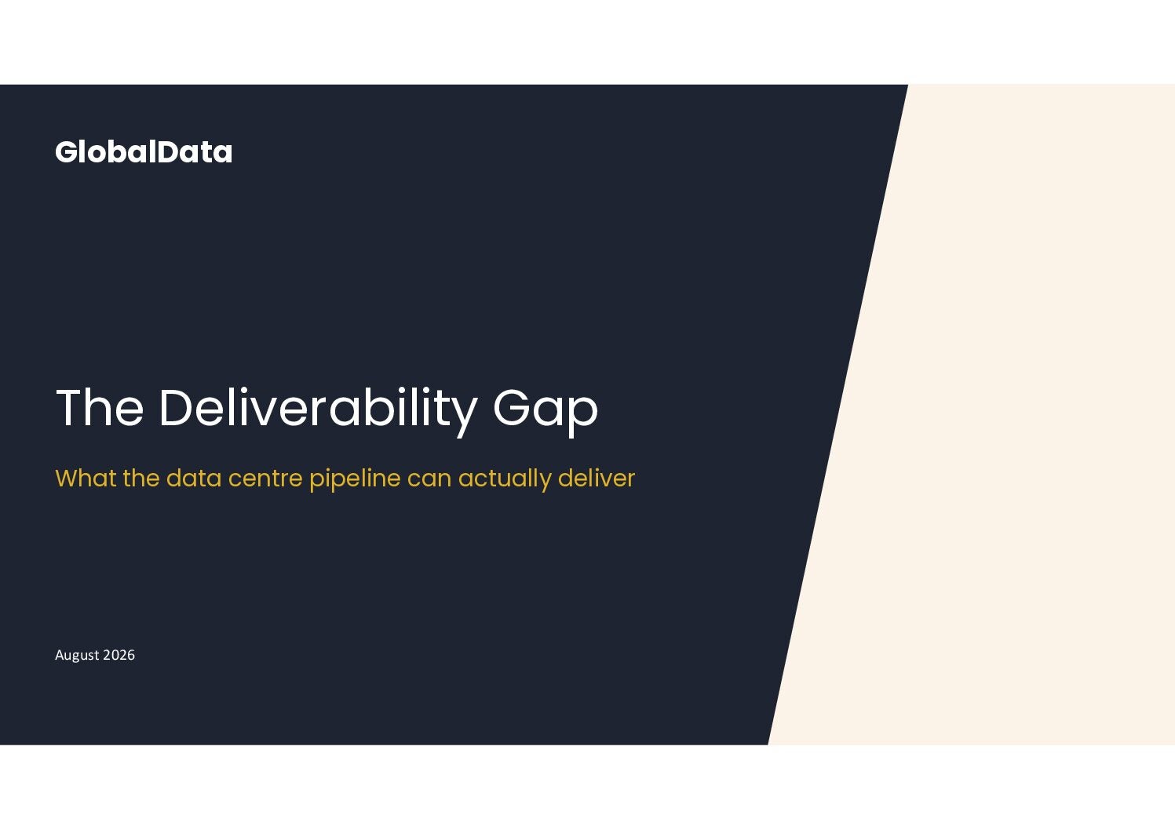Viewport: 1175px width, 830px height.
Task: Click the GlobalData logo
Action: point(144,152)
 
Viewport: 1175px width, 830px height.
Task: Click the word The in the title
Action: point(100,407)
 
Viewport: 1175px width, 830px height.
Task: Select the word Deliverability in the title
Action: point(319,412)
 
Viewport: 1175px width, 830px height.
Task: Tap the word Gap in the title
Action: point(546,412)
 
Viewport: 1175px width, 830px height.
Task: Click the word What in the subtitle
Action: point(86,479)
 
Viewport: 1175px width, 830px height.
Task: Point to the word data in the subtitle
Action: point(194,479)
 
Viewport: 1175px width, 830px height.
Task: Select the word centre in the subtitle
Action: point(265,479)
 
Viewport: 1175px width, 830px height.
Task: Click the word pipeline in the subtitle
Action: point(355,480)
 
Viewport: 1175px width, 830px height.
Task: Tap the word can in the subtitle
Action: point(429,481)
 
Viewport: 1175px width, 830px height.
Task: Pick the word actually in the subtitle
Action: point(505,480)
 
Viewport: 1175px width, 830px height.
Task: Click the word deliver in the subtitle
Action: point(597,479)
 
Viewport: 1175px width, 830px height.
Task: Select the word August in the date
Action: point(77,655)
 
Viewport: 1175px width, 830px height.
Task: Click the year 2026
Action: point(119,655)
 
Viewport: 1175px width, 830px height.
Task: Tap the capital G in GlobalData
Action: point(67,152)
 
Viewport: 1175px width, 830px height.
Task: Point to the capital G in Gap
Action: point(512,407)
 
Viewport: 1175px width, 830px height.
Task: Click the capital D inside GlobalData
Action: point(168,152)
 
